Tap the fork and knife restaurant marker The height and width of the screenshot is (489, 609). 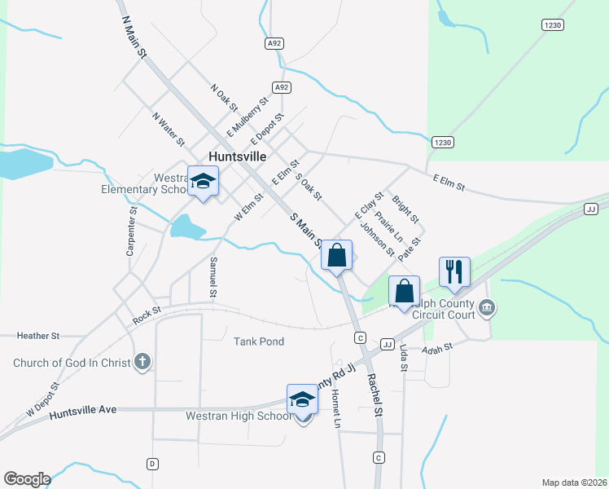[x=454, y=271]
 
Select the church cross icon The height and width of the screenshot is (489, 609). [x=142, y=362]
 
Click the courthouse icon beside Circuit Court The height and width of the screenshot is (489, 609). [x=487, y=307]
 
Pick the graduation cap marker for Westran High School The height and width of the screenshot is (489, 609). [x=302, y=400]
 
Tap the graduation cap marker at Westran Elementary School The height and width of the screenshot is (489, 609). [x=203, y=182]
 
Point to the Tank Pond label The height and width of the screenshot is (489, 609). [x=259, y=341]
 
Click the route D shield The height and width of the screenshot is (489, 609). [x=151, y=464]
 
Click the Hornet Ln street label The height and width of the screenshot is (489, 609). [x=335, y=408]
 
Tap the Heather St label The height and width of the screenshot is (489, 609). [x=39, y=335]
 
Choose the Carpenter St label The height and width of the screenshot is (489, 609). [x=130, y=231]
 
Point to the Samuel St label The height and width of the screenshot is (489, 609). [x=213, y=277]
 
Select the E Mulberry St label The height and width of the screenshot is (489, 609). [x=248, y=117]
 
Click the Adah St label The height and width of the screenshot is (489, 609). [x=436, y=348]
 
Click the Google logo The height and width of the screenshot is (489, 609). [x=27, y=479]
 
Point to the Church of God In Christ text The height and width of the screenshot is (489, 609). [x=72, y=363]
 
